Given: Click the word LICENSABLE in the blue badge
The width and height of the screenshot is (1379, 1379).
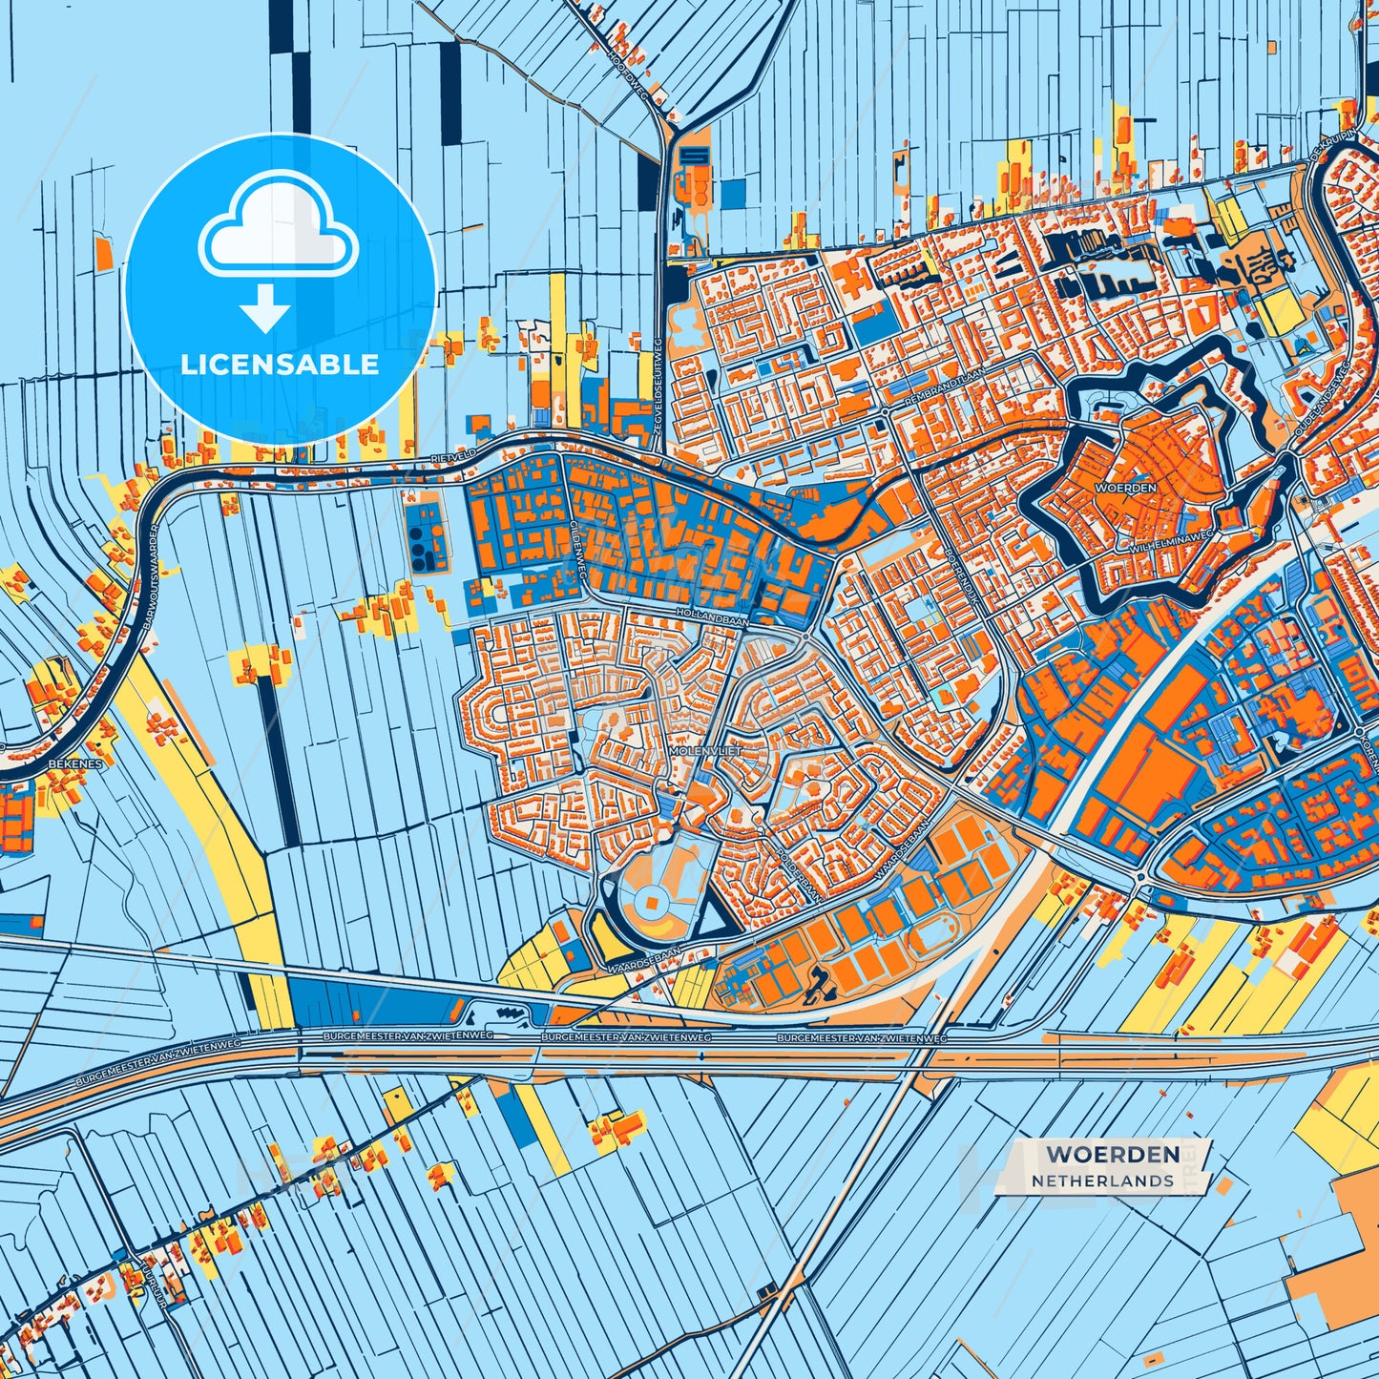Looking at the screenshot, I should click(280, 365).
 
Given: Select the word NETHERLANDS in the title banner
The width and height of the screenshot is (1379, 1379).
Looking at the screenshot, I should click(1102, 1181).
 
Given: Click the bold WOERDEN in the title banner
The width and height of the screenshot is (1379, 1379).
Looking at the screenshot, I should click(1112, 1154).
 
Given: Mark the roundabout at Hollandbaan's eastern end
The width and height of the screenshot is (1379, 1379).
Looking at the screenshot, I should click(806, 635).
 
